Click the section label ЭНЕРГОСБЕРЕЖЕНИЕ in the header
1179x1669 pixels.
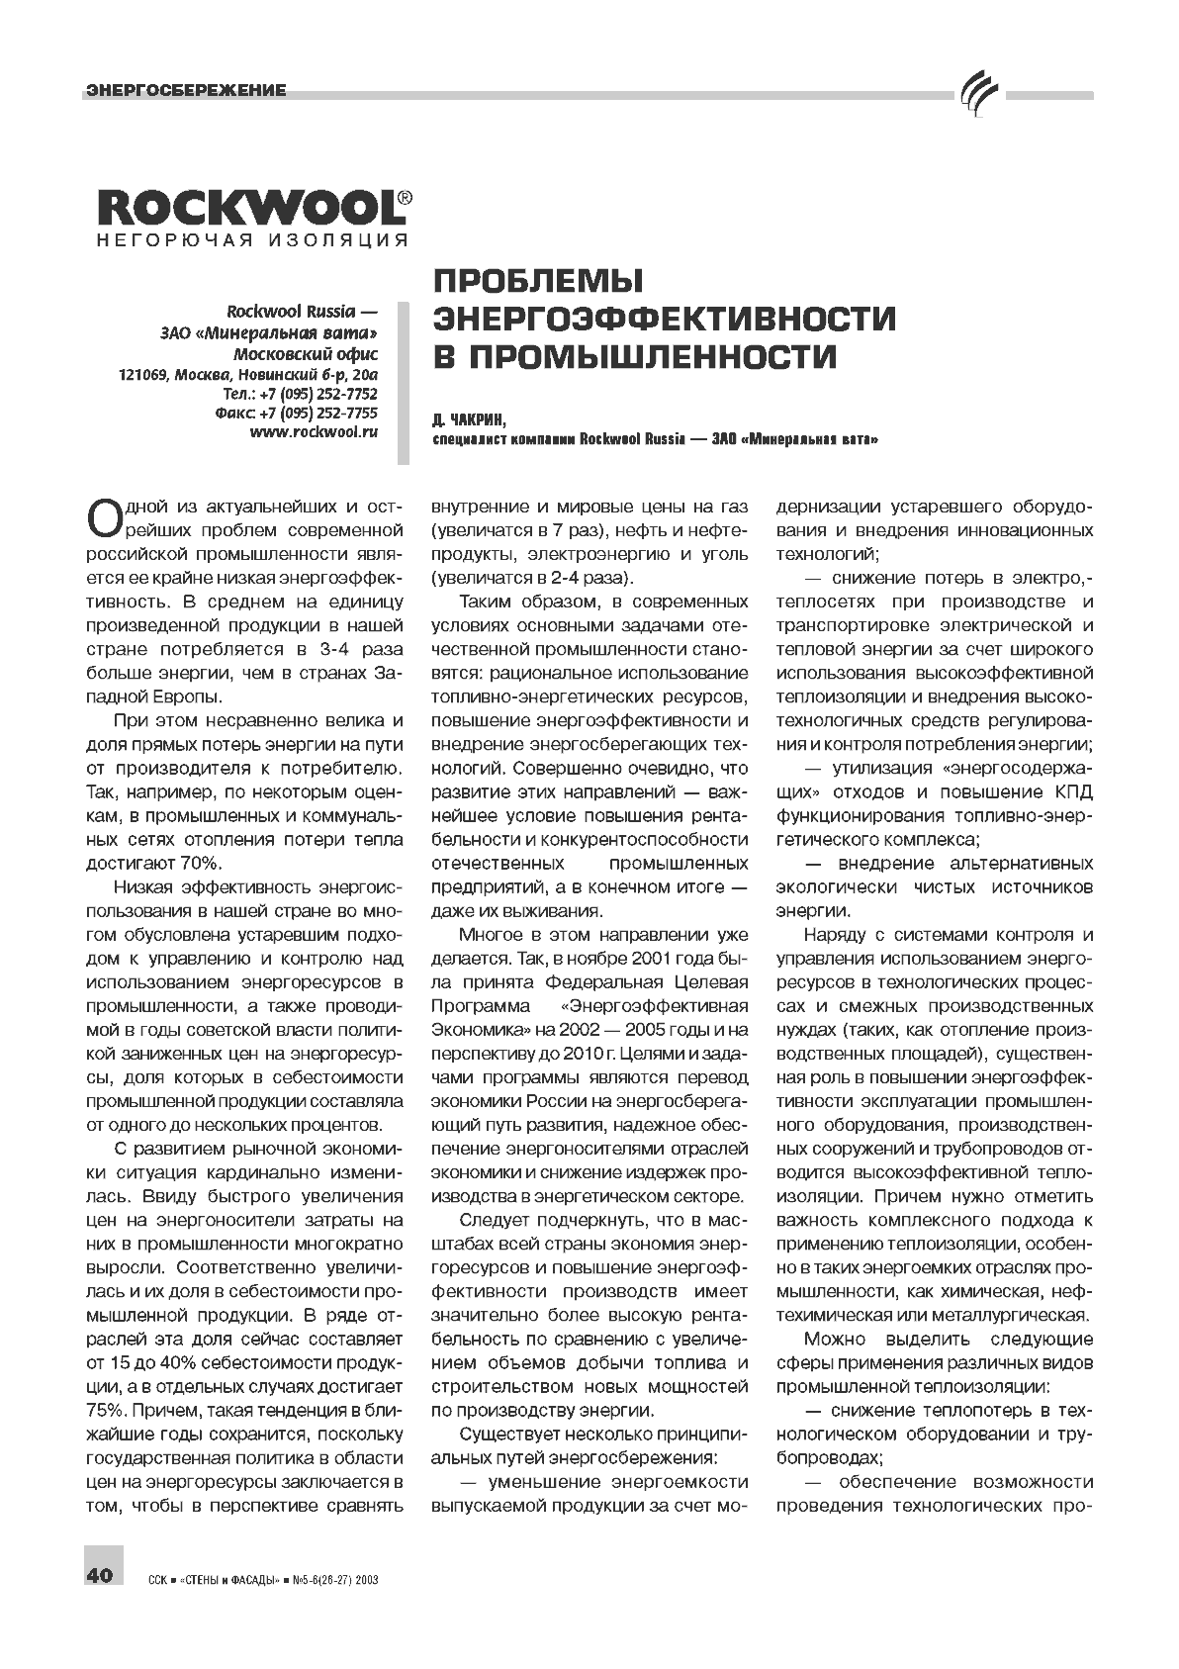[x=186, y=90]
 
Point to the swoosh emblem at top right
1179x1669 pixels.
[x=979, y=94]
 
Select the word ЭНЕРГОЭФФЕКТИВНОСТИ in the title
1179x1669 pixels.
[x=665, y=319]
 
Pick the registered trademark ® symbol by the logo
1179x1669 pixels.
[x=404, y=197]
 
